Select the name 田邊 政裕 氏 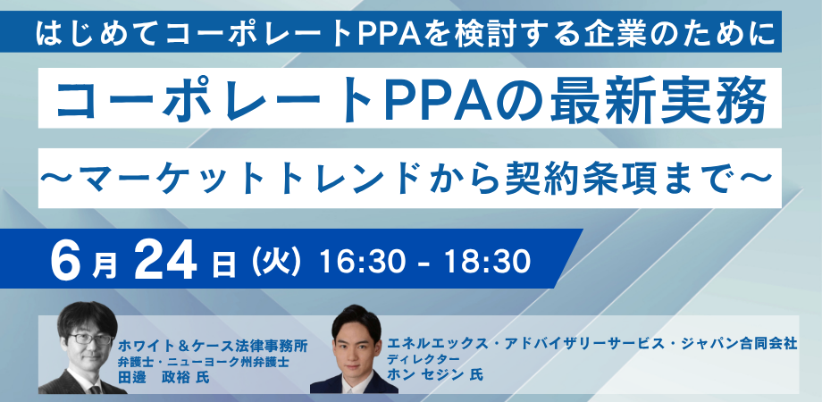point(164,377)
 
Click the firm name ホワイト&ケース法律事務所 point(213,346)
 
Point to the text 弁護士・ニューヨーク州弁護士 point(204,362)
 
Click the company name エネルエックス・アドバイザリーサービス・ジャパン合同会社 point(592,344)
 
